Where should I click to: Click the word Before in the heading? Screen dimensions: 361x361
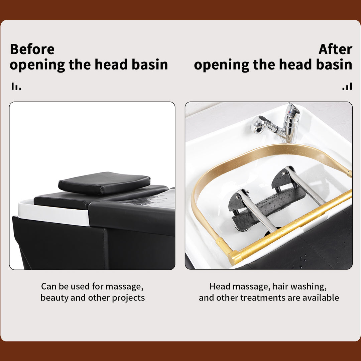click(32, 49)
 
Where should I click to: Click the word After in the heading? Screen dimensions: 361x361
click(335, 49)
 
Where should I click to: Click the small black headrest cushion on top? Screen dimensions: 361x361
click(104, 183)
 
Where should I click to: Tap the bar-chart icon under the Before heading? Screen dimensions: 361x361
click(16, 87)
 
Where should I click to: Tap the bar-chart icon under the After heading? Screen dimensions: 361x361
click(347, 87)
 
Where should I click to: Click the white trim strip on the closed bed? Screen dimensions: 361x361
click(53, 214)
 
